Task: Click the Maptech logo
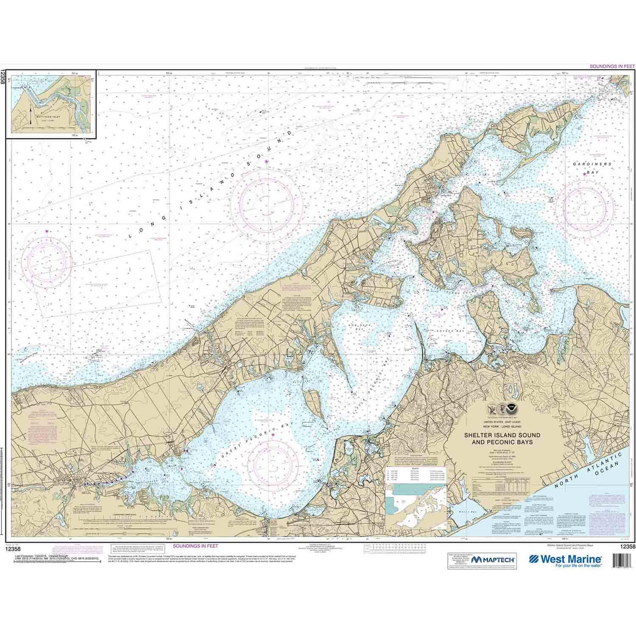point(493,560)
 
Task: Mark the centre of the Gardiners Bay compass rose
point(585,206)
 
